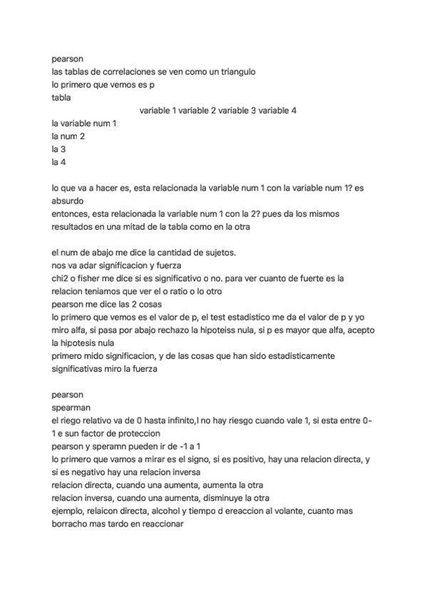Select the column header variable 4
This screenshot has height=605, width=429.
(277, 111)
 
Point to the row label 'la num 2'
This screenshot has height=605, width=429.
(68, 136)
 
